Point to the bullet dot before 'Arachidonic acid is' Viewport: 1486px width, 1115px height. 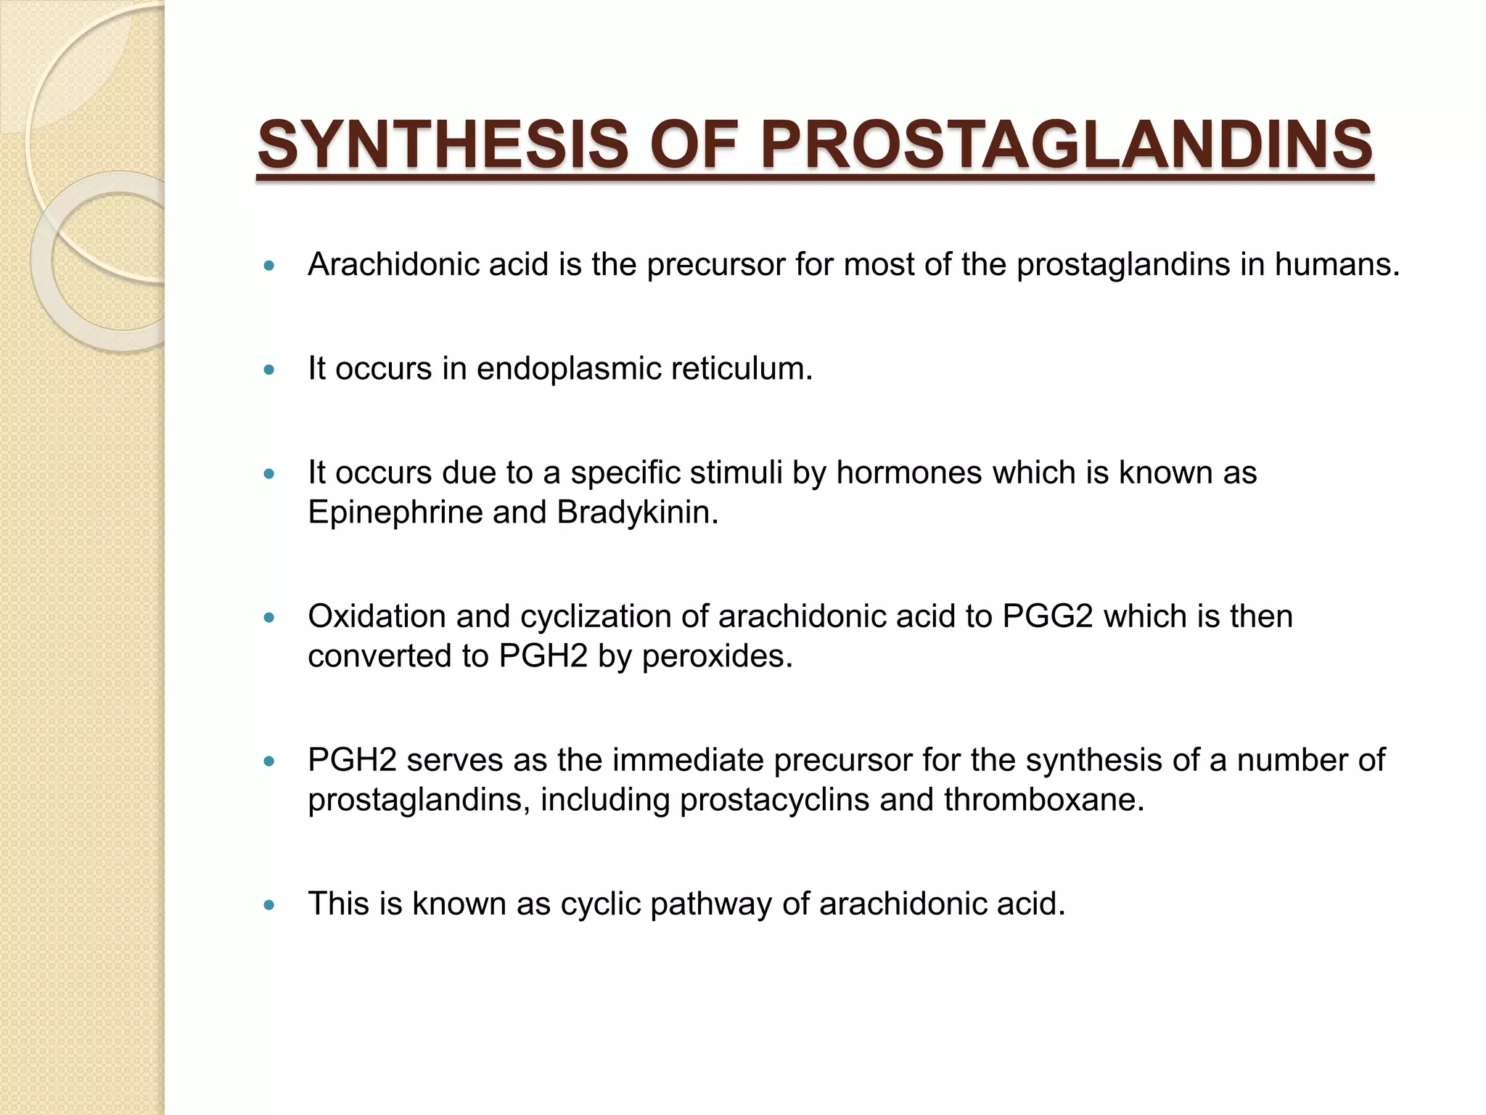270,266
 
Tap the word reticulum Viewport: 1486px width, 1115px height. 741,369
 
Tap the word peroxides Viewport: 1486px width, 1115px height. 716,656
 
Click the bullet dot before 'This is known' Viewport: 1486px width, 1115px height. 270,905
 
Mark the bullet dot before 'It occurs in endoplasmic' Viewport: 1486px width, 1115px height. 270,370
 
